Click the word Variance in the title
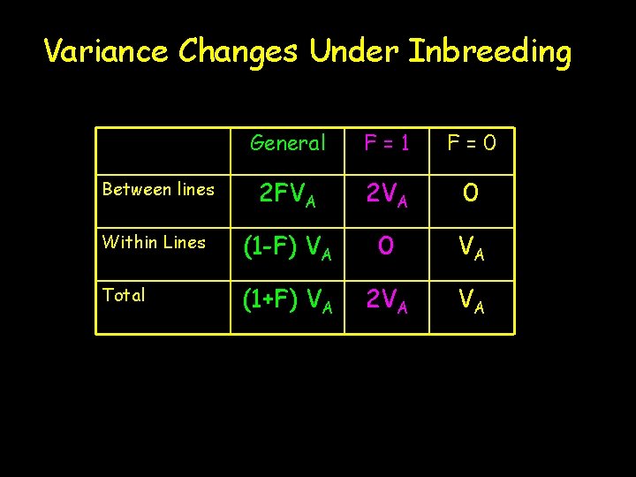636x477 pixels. tap(107, 51)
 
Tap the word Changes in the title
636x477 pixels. tap(238, 51)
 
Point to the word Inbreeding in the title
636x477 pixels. tap(490, 51)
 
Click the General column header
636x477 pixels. tap(288, 143)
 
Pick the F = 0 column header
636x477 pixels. tap(472, 143)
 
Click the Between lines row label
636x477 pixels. tap(158, 189)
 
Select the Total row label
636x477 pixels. tap(125, 295)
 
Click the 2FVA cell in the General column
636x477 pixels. tap(288, 193)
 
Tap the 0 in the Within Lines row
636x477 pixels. tap(387, 246)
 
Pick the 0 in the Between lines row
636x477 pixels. tap(472, 193)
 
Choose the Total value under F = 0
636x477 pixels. tap(472, 301)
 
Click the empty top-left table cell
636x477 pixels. tap(163, 143)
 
